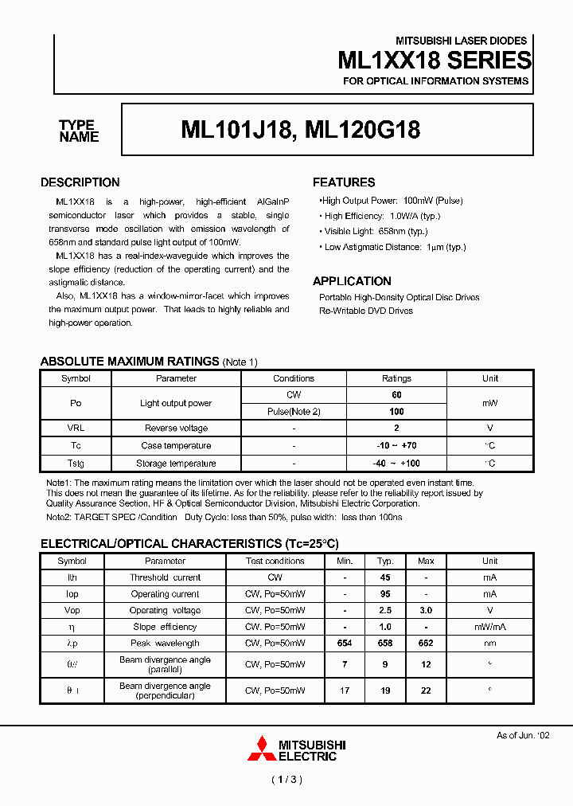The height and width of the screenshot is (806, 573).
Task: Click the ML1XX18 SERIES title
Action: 434,61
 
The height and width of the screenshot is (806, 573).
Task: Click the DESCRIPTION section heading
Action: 80,182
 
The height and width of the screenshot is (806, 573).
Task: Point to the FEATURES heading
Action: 344,182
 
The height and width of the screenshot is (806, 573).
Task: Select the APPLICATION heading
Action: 352,281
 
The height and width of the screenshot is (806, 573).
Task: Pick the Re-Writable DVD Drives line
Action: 366,311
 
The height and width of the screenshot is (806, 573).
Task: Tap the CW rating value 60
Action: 397,395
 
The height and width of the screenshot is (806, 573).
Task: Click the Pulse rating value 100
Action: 397,412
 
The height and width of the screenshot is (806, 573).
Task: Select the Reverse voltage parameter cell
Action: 176,428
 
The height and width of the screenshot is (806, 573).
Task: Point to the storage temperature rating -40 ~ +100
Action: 397,464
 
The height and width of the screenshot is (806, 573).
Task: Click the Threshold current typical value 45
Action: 385,577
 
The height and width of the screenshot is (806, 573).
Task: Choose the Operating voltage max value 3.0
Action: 426,610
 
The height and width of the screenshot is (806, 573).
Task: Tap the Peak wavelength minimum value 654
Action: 345,643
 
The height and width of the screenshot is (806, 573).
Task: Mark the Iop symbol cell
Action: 72,594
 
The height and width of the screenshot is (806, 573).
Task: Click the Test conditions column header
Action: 275,561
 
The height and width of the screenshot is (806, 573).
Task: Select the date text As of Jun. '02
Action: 523,735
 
